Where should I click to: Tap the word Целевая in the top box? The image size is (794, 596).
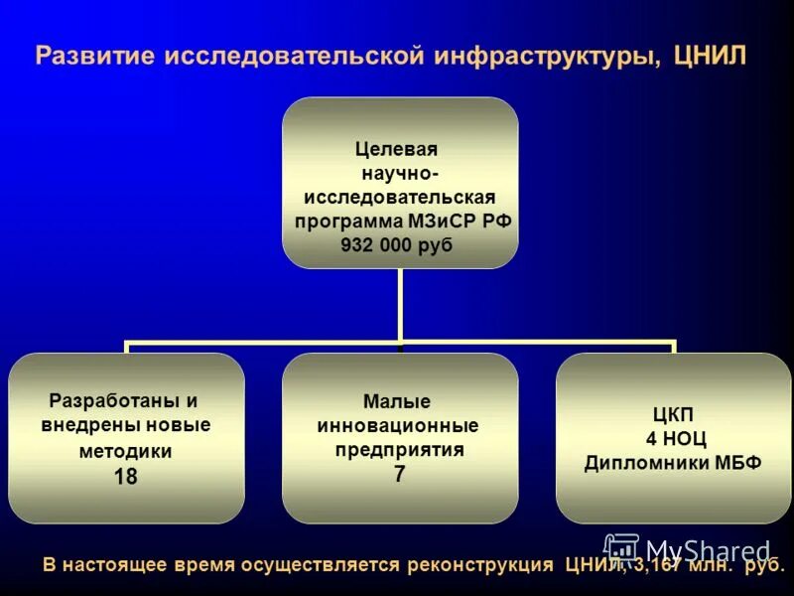396,149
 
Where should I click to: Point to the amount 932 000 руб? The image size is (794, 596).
396,245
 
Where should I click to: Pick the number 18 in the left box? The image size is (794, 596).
125,477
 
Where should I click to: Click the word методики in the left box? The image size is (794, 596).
125,451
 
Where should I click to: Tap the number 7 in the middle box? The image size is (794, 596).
399,474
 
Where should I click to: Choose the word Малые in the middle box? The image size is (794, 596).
397,402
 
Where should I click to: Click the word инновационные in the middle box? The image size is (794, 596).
397,426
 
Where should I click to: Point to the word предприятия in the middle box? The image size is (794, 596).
399,450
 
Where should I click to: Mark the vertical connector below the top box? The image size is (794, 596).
399,303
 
